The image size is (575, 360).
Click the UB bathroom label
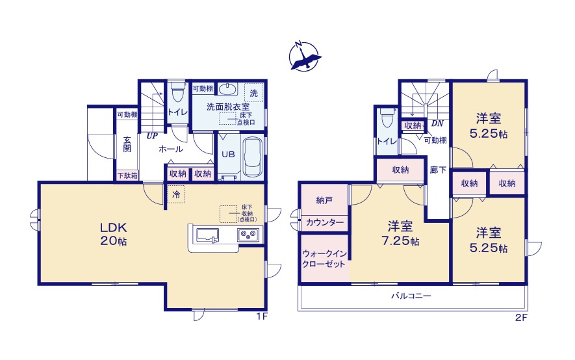227,155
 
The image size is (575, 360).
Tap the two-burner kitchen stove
249,236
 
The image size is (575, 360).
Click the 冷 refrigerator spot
175,194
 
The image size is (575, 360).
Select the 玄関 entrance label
127,144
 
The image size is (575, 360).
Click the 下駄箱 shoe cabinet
127,175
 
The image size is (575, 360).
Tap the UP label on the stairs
153,136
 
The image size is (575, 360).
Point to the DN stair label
437,123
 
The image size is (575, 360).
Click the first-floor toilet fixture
176,95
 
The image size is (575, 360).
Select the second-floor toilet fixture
387,120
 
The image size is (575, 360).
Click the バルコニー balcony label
411,296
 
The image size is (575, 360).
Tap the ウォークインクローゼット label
324,260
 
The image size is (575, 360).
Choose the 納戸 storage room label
325,200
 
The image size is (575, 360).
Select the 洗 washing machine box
255,92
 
